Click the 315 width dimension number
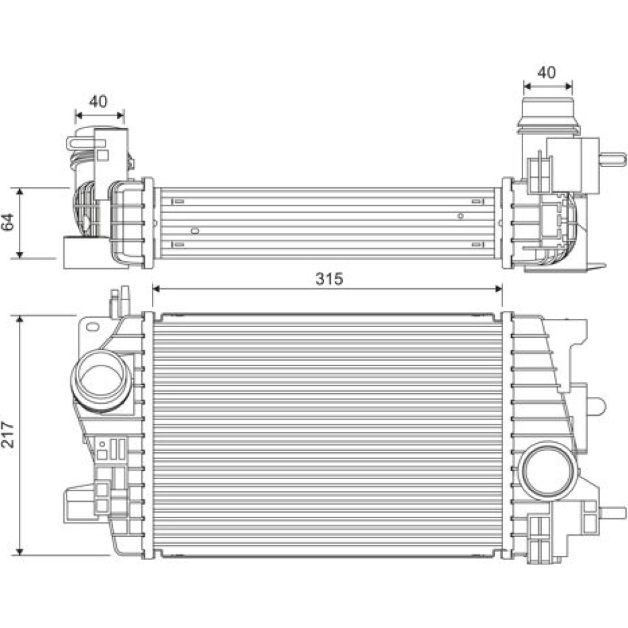click(329, 278)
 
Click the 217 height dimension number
click(8, 435)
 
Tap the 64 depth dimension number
click(8, 222)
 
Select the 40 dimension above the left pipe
click(99, 101)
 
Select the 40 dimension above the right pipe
click(547, 72)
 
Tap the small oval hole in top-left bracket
click(92, 327)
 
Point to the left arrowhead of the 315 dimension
click(156, 289)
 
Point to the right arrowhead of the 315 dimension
click(498, 289)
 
